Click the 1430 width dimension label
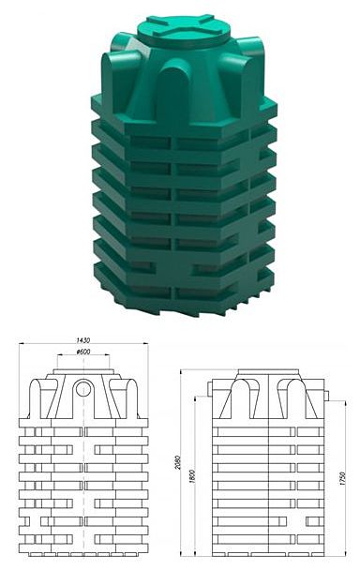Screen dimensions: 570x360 click(x=82, y=339)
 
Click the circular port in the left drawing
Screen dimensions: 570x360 click(x=83, y=389)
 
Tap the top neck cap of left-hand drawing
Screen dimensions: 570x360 click(x=83, y=373)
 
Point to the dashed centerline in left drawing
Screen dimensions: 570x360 click(x=83, y=469)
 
